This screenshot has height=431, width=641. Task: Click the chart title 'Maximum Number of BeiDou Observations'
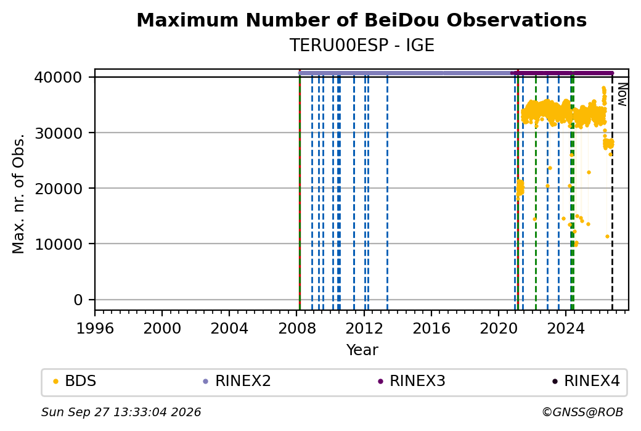tap(361, 20)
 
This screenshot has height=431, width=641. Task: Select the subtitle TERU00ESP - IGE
tap(361, 45)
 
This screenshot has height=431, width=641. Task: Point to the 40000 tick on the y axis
tap(59, 77)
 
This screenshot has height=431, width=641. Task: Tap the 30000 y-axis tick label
tap(59, 133)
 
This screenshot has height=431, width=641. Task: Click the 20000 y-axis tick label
tap(59, 189)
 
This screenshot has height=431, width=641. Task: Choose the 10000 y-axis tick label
tap(59, 244)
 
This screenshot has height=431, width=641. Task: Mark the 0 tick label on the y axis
tap(78, 300)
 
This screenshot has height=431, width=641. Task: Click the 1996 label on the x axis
tap(95, 328)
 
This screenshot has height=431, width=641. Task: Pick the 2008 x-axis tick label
tap(297, 328)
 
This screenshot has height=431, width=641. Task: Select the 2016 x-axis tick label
tap(431, 328)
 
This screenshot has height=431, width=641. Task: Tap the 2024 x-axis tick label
tap(566, 328)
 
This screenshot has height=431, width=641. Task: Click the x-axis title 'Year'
tap(362, 350)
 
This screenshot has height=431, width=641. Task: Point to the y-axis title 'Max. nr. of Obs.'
tap(18, 194)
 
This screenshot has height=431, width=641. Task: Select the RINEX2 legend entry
tap(237, 381)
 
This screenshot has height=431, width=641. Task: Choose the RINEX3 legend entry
tap(411, 381)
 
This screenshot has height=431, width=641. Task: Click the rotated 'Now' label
tap(622, 94)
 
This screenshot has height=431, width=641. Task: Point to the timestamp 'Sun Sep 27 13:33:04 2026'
tap(121, 412)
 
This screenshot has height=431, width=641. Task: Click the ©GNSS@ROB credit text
tap(582, 412)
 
